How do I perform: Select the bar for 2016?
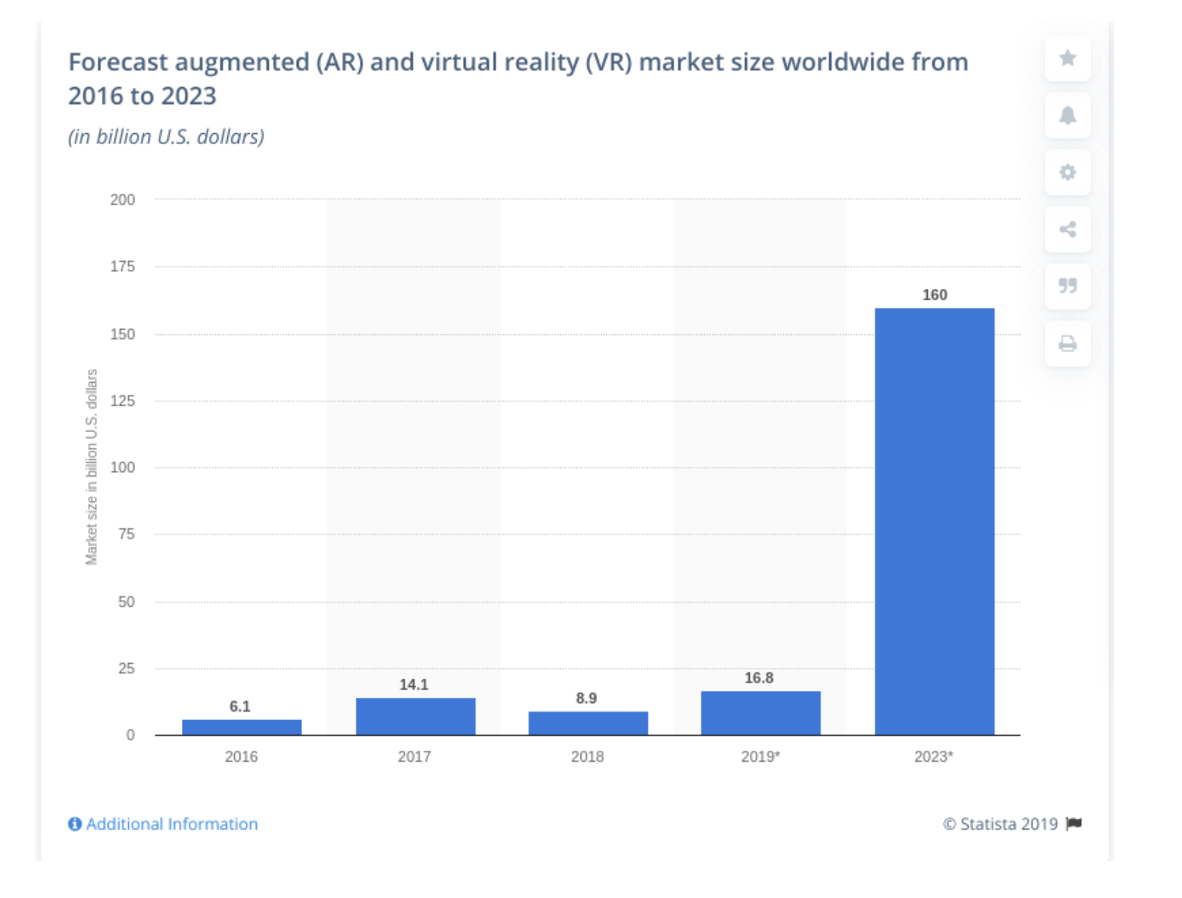pyautogui.click(x=241, y=727)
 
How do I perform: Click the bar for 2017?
pyautogui.click(x=415, y=716)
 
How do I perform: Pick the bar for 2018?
pyautogui.click(x=588, y=723)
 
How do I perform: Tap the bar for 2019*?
pyautogui.click(x=761, y=712)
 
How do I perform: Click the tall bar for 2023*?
pyautogui.click(x=934, y=521)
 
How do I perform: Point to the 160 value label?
pyautogui.click(x=935, y=295)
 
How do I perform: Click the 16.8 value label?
pyautogui.click(x=759, y=678)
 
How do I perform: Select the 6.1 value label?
pyautogui.click(x=240, y=706)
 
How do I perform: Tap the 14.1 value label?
pyautogui.click(x=414, y=685)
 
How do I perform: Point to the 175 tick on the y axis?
pyautogui.click(x=123, y=266)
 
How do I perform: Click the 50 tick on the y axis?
pyautogui.click(x=126, y=601)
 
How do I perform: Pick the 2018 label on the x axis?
pyautogui.click(x=587, y=756)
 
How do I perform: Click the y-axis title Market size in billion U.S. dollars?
pyautogui.click(x=92, y=467)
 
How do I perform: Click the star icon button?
pyautogui.click(x=1067, y=59)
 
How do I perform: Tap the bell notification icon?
pyautogui.click(x=1067, y=116)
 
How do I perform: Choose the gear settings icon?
pyautogui.click(x=1067, y=173)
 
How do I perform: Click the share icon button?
pyautogui.click(x=1067, y=230)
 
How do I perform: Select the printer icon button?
pyautogui.click(x=1067, y=343)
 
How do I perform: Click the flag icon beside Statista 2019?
pyautogui.click(x=1074, y=824)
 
